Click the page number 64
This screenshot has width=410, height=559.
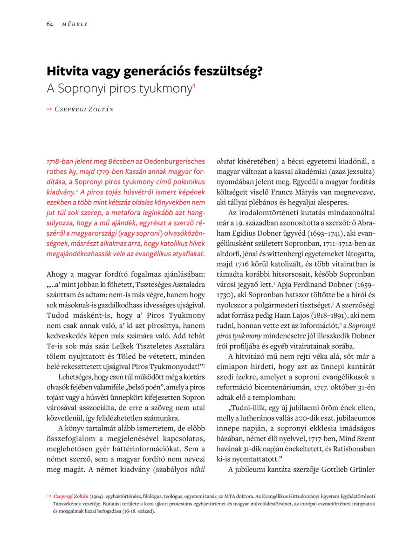[x=49, y=24]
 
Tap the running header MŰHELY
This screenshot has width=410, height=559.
[x=75, y=24]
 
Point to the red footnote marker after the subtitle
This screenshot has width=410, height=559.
[x=194, y=85]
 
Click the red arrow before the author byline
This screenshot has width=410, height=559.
[x=49, y=109]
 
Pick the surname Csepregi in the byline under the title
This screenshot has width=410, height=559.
[x=70, y=109]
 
